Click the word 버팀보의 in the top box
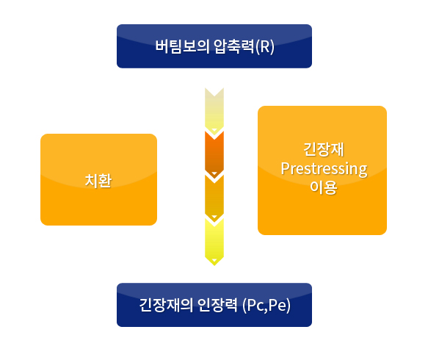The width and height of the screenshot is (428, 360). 182,46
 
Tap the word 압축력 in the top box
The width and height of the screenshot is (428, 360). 233,46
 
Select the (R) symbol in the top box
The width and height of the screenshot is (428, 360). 264,47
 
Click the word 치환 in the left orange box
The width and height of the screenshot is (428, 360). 98,181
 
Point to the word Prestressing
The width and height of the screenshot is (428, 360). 324,169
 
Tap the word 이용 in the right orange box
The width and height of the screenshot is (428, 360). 324,187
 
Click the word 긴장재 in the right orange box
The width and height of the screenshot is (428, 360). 324,149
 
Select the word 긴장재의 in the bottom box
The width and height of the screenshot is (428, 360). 166,305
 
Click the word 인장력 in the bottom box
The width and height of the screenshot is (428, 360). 217,305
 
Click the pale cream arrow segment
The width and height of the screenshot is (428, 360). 214,111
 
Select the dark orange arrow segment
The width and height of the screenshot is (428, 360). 214,154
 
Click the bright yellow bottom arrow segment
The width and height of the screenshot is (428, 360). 214,242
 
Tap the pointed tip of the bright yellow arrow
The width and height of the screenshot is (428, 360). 214,265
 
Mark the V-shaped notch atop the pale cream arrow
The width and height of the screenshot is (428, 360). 214,96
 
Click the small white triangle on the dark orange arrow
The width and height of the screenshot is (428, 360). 214,173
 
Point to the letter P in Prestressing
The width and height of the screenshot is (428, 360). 285,168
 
